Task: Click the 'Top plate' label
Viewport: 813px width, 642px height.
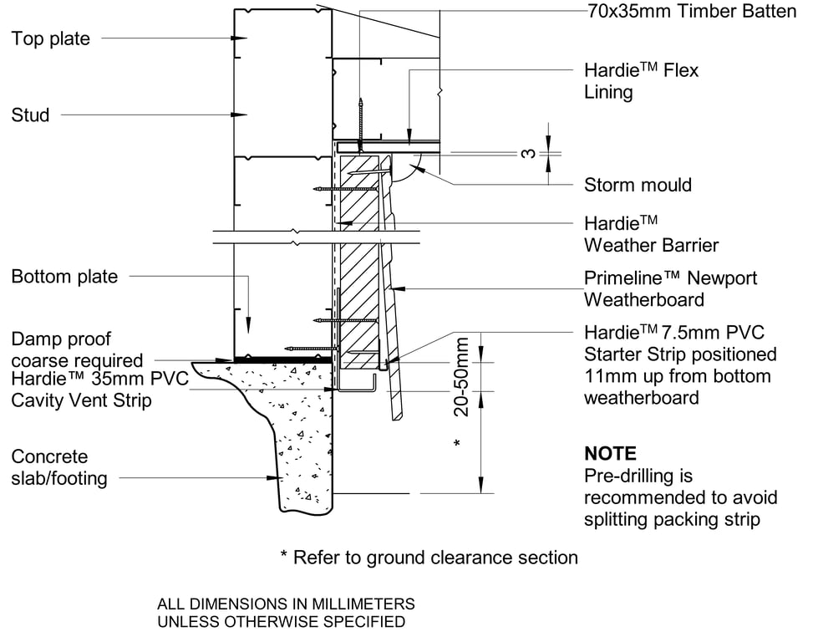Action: pyautogui.click(x=50, y=38)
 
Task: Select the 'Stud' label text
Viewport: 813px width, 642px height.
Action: pyautogui.click(x=30, y=115)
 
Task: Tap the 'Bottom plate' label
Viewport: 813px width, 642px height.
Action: pyautogui.click(x=64, y=276)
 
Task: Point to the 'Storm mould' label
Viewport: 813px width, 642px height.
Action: pyautogui.click(x=638, y=185)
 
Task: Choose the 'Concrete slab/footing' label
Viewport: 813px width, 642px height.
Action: pyautogui.click(x=59, y=467)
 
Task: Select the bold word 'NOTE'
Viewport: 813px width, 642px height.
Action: pyautogui.click(x=610, y=454)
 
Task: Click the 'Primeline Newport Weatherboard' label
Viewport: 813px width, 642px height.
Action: pyautogui.click(x=670, y=288)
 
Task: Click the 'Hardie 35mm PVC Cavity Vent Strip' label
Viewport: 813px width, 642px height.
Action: pyautogui.click(x=99, y=390)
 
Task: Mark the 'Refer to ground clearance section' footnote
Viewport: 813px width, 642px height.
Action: pyautogui.click(x=429, y=557)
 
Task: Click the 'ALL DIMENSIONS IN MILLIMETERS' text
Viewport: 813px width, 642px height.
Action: pyautogui.click(x=286, y=604)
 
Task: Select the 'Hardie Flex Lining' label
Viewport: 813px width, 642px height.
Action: pyautogui.click(x=641, y=81)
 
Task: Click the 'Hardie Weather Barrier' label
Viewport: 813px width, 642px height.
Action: pyautogui.click(x=651, y=234)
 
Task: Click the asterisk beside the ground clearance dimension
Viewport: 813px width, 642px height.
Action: pyautogui.click(x=456, y=441)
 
